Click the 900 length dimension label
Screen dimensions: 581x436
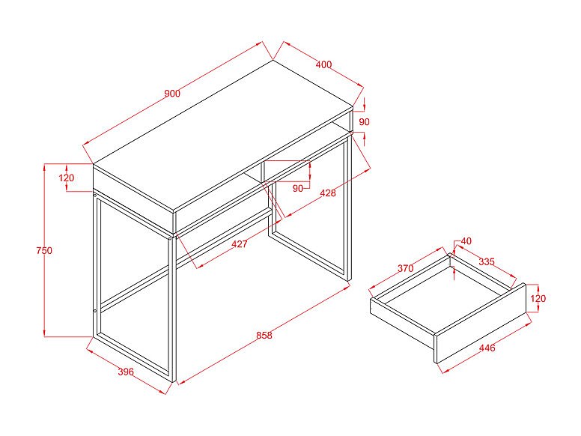[172, 93]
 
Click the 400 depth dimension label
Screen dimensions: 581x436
[323, 64]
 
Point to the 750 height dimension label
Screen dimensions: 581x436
[44, 251]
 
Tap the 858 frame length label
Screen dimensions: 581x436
[264, 335]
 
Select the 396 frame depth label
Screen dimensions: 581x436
[126, 372]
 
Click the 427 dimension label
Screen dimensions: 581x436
[240, 244]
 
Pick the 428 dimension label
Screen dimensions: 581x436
[328, 193]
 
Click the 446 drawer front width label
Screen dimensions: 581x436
[487, 348]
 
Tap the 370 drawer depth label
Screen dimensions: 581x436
[406, 268]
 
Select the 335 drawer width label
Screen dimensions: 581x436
[487, 261]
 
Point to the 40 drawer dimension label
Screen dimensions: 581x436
[466, 241]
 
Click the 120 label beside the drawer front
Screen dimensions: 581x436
[538, 298]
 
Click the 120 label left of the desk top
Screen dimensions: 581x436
[67, 178]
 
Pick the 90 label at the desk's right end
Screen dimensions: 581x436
[364, 122]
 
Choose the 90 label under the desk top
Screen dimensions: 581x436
[298, 188]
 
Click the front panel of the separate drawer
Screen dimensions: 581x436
[480, 324]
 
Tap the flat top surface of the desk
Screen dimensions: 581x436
[223, 136]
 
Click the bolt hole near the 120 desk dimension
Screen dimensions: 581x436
[95, 195]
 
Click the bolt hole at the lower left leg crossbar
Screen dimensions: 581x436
[95, 310]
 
